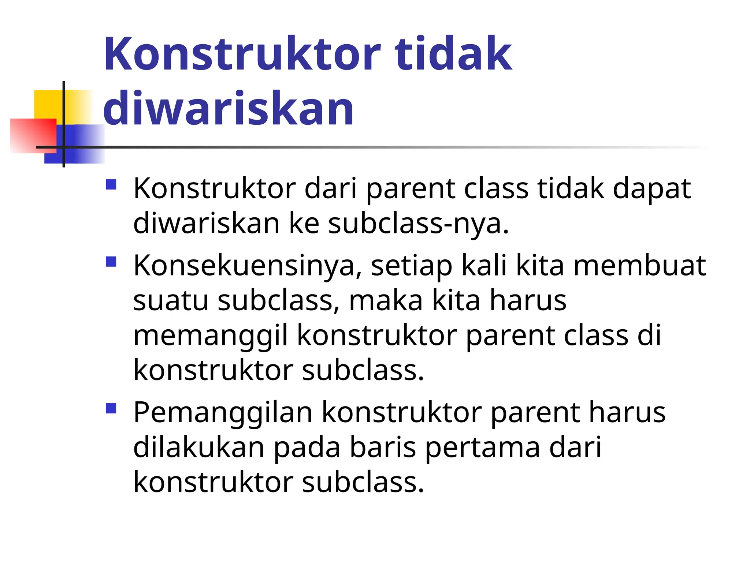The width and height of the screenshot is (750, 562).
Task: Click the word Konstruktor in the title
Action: [x=242, y=54]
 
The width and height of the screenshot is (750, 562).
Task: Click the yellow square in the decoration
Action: [x=49, y=104]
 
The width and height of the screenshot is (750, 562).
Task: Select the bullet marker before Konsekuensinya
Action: [x=111, y=262]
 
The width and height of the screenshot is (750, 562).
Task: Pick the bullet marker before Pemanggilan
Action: [x=111, y=408]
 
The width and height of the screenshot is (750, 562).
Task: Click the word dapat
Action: [x=651, y=189]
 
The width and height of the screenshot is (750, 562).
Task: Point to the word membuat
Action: [x=639, y=265]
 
